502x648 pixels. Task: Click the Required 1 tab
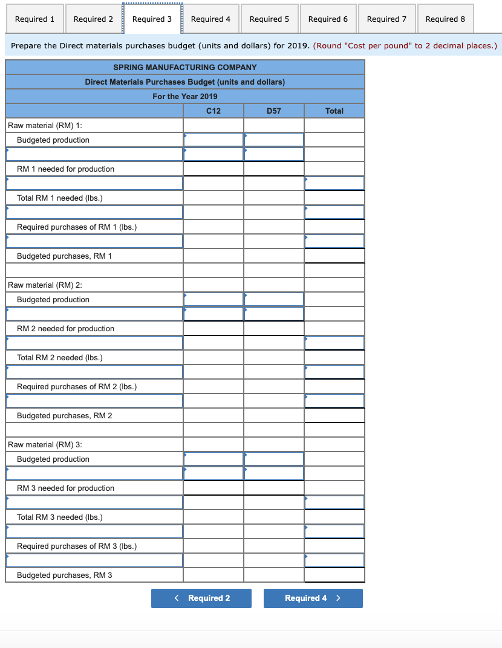point(34,19)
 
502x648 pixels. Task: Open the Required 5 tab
point(269,19)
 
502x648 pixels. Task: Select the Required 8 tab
point(445,19)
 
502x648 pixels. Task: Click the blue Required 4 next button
point(313,598)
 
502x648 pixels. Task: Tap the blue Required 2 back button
point(201,598)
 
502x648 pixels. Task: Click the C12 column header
point(214,111)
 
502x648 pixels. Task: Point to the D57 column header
point(274,111)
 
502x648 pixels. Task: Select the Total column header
point(334,111)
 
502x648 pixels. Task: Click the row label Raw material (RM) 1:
point(45,125)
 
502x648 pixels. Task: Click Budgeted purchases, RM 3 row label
point(65,575)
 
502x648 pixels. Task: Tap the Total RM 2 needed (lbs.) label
point(60,357)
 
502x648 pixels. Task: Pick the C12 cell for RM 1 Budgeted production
point(214,140)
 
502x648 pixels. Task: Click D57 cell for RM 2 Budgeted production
point(274,299)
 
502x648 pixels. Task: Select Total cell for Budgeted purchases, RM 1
point(334,256)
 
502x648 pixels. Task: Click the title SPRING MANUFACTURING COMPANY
point(185,67)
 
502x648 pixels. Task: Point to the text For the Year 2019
point(185,96)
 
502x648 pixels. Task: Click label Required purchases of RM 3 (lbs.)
point(77,546)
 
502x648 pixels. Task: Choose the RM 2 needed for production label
point(65,328)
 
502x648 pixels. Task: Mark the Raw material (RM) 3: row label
point(45,444)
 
